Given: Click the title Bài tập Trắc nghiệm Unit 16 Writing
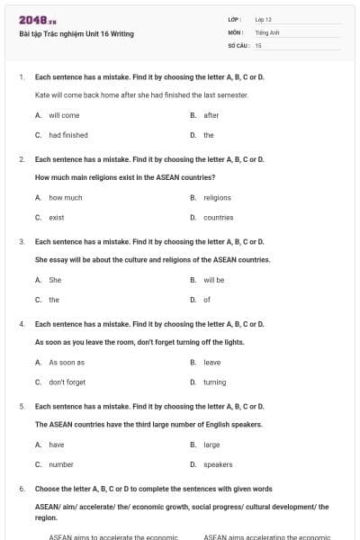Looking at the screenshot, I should click(x=76, y=34).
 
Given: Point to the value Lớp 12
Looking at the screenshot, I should click(x=263, y=19).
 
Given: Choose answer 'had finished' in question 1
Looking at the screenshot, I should click(x=68, y=135).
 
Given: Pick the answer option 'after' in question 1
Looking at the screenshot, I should click(x=211, y=115).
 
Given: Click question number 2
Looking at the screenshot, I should click(x=22, y=159).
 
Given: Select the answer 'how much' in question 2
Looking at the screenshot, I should click(x=66, y=197).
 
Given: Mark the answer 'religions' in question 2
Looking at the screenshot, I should click(x=217, y=197).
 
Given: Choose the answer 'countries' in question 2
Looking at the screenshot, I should click(x=218, y=217).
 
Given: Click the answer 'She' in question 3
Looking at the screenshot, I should click(x=55, y=280).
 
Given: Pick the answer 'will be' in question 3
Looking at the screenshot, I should click(x=214, y=280).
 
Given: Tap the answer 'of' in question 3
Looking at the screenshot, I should click(x=207, y=300).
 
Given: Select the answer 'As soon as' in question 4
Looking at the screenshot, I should click(x=67, y=362).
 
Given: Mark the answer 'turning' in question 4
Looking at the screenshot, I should click(x=215, y=382).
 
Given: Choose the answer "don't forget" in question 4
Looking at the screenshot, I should click(x=67, y=382).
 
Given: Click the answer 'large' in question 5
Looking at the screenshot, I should click(x=211, y=445).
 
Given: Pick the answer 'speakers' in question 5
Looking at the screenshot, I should click(x=218, y=464).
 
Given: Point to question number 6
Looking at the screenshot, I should click(x=22, y=489).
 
